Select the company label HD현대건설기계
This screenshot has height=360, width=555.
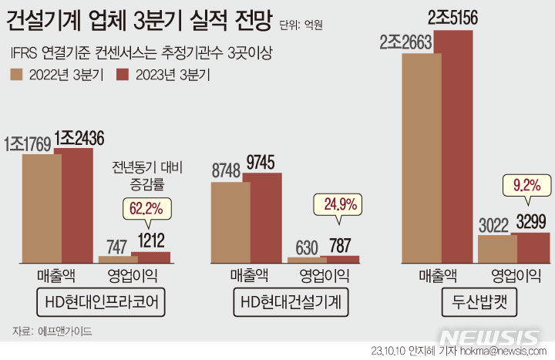(x=289, y=303)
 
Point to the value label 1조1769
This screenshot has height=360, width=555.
(x=29, y=143)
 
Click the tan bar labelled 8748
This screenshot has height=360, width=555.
(x=230, y=224)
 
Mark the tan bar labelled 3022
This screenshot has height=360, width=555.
(x=497, y=249)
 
